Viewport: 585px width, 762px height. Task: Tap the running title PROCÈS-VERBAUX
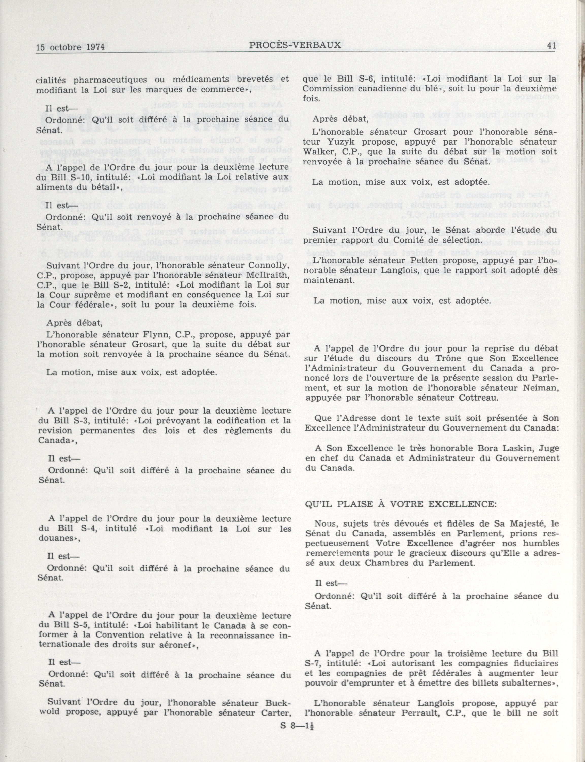pos(295,45)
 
